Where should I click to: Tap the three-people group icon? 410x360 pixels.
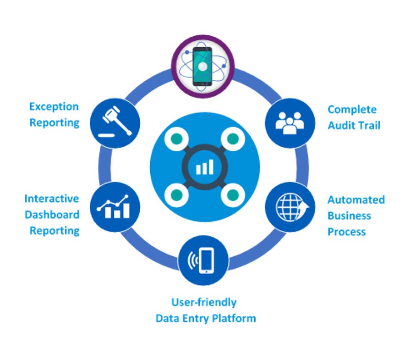290,123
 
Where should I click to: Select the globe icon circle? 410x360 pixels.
290,208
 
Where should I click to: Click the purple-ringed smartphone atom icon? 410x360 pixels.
202,65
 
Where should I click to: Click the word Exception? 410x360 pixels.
54,107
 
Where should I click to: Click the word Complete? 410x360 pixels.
352,110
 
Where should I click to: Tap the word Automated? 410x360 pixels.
356,200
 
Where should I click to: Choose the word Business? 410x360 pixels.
349,216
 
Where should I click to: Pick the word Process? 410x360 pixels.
346,232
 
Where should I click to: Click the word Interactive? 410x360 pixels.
51,199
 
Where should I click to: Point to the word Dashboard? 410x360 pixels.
52,215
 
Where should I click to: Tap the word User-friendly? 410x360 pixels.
204,302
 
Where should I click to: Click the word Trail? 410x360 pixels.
370,126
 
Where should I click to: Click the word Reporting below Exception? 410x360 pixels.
55,123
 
